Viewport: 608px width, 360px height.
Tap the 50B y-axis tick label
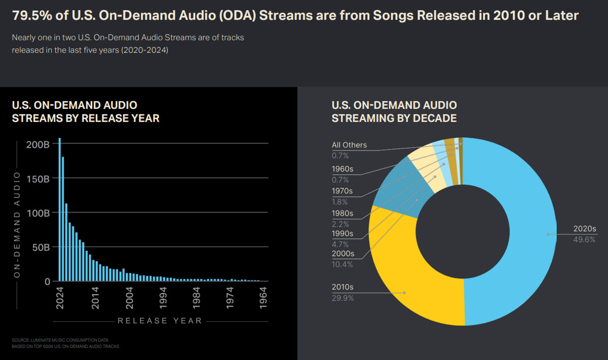pos(40,247)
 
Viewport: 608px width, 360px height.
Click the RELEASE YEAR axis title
pos(160,321)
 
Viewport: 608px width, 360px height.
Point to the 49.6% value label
pos(584,239)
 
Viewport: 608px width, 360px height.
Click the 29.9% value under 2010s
pos(343,298)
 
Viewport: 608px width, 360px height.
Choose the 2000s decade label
pos(343,254)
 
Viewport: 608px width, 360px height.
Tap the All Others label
pos(349,145)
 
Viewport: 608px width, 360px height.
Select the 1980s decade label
pos(343,213)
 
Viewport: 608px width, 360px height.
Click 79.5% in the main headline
pos(29,16)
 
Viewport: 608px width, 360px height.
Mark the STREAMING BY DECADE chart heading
pos(394,118)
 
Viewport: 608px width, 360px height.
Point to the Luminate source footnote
pos(60,340)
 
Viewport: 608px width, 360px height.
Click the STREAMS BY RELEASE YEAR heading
pos(86,118)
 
